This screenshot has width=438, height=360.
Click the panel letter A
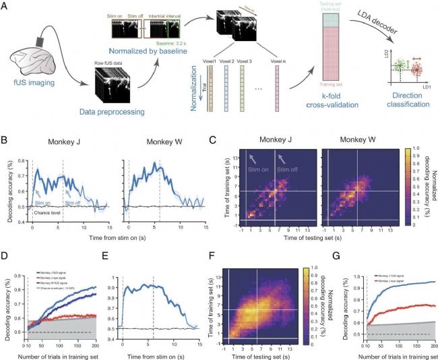(x=7, y=5)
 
